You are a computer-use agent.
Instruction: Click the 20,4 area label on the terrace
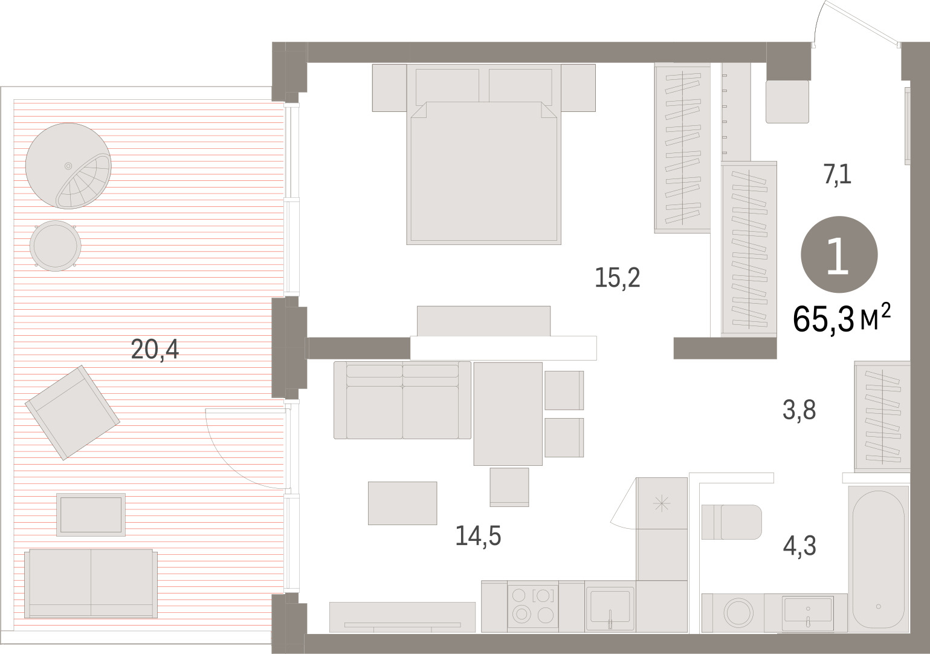point(155,349)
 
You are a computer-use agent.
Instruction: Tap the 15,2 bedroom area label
point(618,278)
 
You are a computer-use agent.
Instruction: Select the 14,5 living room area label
point(478,535)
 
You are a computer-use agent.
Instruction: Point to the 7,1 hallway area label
point(838,175)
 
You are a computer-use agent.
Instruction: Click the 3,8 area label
point(799,410)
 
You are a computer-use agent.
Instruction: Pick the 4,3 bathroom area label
point(799,546)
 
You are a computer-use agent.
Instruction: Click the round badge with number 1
point(839,255)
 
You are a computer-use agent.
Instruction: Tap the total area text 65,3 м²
point(842,319)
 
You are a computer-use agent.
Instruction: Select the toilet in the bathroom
point(732,522)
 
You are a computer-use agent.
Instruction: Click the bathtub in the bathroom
point(878,559)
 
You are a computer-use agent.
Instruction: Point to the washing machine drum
point(738,612)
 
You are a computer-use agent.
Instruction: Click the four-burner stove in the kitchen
point(533,606)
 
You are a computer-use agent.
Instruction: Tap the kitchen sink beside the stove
point(610,607)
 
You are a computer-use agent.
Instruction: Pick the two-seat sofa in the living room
point(402,400)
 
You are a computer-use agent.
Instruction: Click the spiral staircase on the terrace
point(68,166)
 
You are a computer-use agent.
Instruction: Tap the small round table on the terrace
point(55,246)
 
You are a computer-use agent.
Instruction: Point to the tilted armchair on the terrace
point(73,413)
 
